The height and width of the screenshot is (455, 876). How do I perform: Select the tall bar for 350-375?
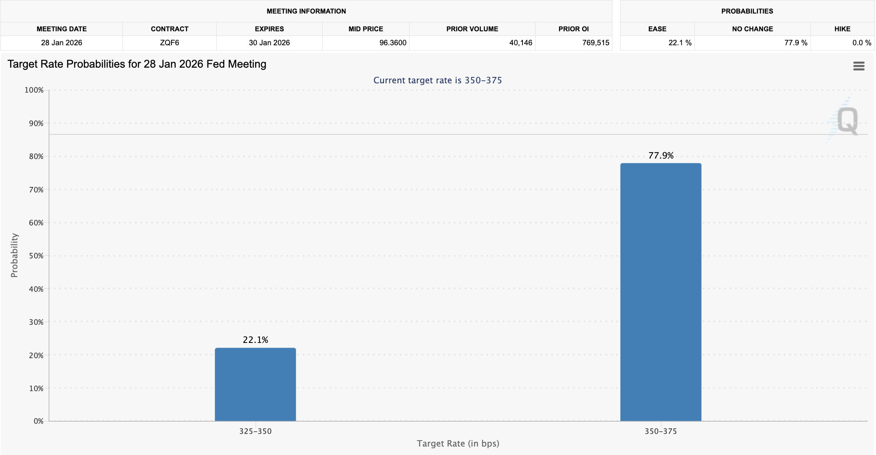(661, 292)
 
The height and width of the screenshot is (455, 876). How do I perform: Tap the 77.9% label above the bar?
(661, 156)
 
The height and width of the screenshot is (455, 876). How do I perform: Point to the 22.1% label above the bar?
(255, 340)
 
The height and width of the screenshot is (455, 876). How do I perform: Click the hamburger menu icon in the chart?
(859, 66)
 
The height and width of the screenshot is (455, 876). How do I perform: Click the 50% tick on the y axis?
(36, 256)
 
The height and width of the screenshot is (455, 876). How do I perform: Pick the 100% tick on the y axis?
(34, 90)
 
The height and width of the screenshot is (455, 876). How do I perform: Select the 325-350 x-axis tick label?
(255, 431)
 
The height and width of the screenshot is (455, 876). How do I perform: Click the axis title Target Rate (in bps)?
(458, 444)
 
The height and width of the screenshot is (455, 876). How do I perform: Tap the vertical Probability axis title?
(14, 255)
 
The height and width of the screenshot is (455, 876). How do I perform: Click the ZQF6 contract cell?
(169, 43)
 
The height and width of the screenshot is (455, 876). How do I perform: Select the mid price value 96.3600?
(392, 43)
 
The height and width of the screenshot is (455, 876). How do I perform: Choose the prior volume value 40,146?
(520, 43)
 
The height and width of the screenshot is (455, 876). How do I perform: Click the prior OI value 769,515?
(596, 43)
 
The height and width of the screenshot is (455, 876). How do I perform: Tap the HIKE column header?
(842, 29)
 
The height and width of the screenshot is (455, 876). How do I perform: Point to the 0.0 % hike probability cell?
(861, 43)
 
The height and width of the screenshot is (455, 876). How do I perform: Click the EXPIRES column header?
(269, 29)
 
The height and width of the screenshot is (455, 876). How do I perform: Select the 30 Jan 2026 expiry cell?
(269, 43)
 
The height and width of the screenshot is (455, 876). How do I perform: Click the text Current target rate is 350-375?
(438, 80)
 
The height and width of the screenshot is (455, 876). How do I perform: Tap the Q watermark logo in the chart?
(847, 120)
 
